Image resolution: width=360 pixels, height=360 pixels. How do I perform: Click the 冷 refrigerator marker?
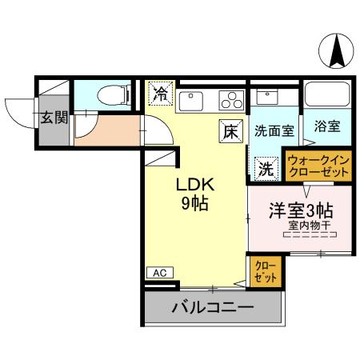[x=160, y=94]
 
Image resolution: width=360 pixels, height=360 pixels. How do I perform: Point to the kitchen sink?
[x=191, y=101]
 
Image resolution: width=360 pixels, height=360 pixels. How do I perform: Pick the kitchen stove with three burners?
[x=231, y=101]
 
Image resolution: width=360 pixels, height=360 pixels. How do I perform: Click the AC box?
[x=160, y=273]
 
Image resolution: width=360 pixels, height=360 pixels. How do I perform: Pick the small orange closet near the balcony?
[x=264, y=271]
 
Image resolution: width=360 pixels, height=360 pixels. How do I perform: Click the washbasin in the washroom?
[x=266, y=99]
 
